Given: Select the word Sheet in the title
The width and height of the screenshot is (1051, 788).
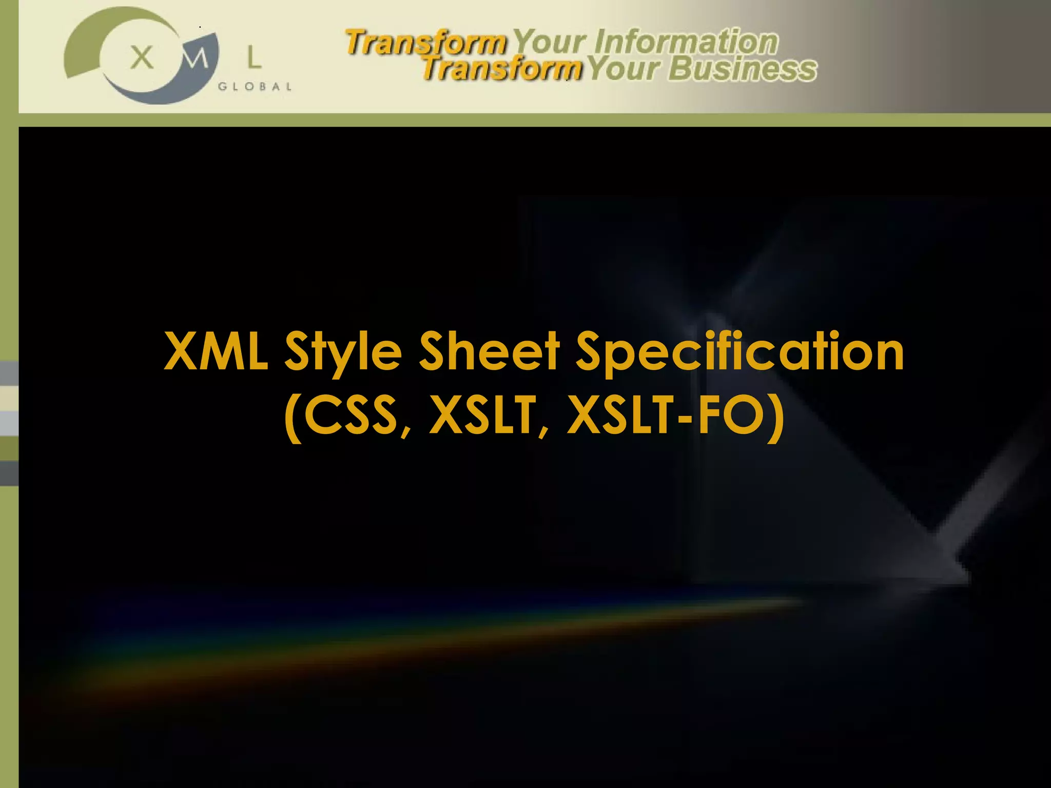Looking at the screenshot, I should pyautogui.click(x=489, y=351).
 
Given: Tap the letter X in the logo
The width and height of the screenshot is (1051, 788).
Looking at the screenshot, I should pyautogui.click(x=142, y=57).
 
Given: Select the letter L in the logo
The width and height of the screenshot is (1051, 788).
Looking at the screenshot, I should pyautogui.click(x=254, y=57).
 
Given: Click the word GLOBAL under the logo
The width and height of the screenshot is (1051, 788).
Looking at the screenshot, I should pyautogui.click(x=255, y=87).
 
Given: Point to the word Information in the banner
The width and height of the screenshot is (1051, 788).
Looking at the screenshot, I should pyautogui.click(x=686, y=42).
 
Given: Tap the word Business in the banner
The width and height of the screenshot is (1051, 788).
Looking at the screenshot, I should pyautogui.click(x=742, y=69).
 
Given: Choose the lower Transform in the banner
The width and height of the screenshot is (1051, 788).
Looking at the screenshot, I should pyautogui.click(x=501, y=69).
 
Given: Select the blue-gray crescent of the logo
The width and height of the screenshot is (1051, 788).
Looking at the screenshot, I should pyautogui.click(x=164, y=92).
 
